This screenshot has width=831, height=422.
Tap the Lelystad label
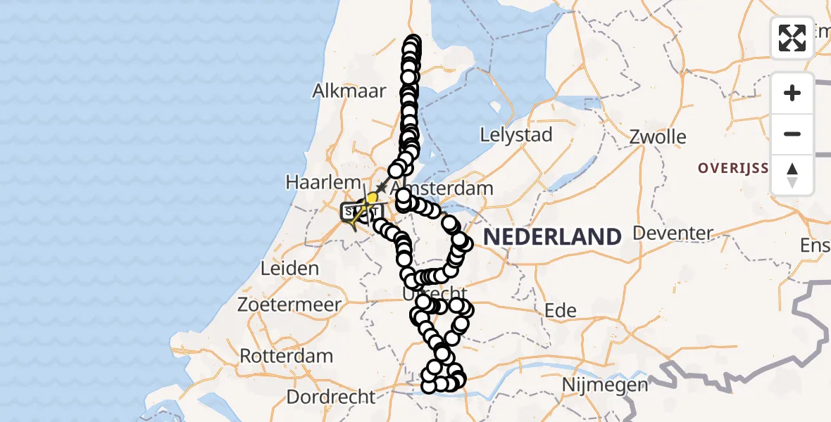tap(516, 135)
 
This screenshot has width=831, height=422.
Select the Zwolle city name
tap(658, 136)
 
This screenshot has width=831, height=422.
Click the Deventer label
tap(673, 233)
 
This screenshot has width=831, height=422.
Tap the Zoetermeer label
tap(289, 305)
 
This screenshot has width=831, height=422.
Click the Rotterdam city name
tap(287, 356)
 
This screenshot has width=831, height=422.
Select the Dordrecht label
tap(331, 397)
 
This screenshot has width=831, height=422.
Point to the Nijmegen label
tap(605, 385)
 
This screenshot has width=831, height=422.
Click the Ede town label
tap(561, 310)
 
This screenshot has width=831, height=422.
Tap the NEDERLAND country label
tap(552, 237)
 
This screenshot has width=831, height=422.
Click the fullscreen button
tap(792, 38)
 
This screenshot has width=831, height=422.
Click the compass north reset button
tap(792, 175)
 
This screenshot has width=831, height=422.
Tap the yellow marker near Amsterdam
tap(372, 198)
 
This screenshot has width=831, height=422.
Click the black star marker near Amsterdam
tap(381, 188)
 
